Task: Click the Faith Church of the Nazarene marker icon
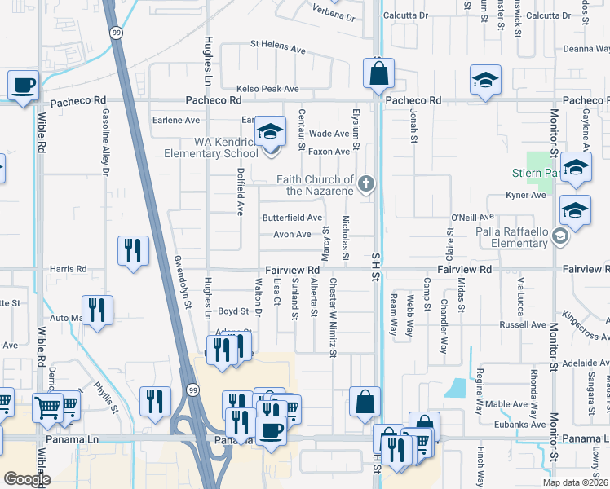[x=366, y=184]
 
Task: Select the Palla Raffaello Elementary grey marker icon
[x=560, y=236]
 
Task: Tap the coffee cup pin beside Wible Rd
[x=24, y=85]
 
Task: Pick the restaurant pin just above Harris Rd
[x=134, y=251]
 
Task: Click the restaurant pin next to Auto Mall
[x=97, y=311]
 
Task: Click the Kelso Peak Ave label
[x=269, y=88]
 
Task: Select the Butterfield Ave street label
[x=292, y=218]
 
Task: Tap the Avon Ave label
[x=292, y=235]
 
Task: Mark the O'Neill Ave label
[x=473, y=218]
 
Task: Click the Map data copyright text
[x=574, y=482]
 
